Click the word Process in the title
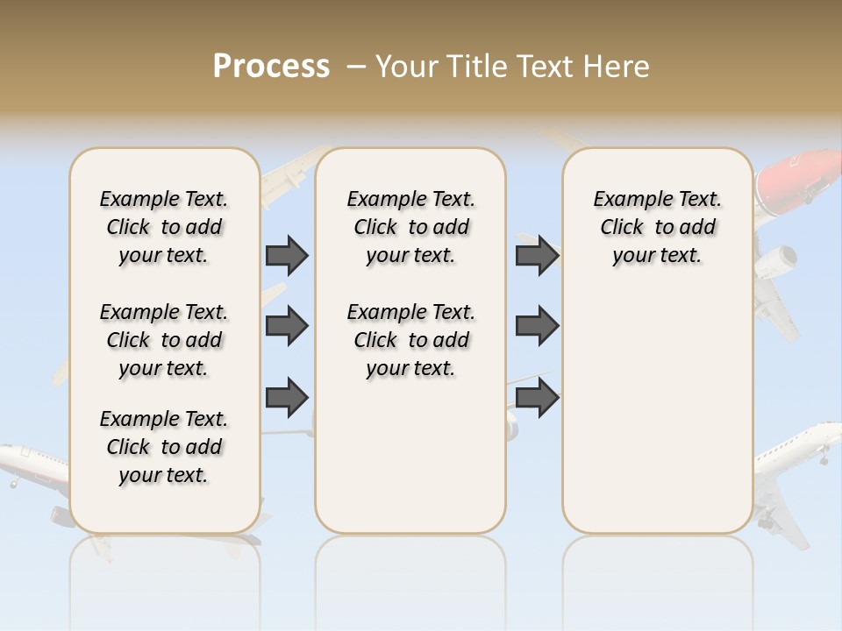[271, 67]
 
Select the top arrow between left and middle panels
[286, 255]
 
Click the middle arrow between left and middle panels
[286, 326]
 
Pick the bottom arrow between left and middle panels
[286, 397]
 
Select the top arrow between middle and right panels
[537, 255]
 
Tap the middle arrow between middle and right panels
[537, 326]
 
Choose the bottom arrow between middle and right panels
[537, 397]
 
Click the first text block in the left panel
[164, 227]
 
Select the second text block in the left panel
[164, 340]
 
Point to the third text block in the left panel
[164, 447]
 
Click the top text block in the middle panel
[410, 227]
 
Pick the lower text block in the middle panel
[410, 340]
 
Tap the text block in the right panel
[657, 227]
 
